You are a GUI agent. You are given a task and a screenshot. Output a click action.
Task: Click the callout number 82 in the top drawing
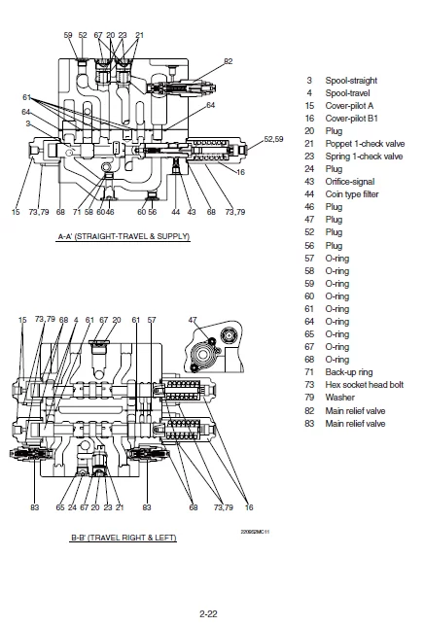pos(228,61)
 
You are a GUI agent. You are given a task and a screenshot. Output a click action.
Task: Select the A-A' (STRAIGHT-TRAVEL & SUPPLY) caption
pos(124,236)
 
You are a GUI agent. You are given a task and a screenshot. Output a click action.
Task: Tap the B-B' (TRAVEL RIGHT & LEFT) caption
pos(124,538)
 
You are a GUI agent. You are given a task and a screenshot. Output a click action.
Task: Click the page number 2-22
pos(208,613)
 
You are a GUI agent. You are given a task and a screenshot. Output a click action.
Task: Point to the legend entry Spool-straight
pos(351,81)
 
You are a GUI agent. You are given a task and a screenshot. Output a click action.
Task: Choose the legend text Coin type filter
pos(352,194)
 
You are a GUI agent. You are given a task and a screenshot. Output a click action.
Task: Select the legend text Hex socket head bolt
pos(365,385)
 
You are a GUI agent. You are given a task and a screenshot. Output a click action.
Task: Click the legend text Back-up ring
pos(349,372)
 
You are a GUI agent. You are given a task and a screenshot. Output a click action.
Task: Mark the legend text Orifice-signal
pos(350,182)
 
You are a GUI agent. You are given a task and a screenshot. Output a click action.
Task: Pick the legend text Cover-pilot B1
pos(351,119)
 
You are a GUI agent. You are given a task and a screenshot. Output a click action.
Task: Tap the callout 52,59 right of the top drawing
pos(274,139)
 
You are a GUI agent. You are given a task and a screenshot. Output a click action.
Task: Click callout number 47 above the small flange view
pos(193,320)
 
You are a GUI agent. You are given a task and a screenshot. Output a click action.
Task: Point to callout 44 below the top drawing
pos(176,212)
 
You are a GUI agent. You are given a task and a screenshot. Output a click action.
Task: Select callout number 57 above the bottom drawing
pos(152,320)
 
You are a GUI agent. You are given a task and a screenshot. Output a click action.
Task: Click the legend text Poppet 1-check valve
pos(365,144)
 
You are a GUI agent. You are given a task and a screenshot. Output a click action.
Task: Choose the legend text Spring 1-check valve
pos(364,156)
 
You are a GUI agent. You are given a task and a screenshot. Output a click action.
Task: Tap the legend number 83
pos(309,423)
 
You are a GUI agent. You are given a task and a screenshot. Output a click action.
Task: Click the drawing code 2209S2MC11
pos(255,532)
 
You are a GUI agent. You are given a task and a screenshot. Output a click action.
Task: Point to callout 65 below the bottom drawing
pos(60,507)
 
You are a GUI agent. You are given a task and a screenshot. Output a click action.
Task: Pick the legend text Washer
pos(339,398)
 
